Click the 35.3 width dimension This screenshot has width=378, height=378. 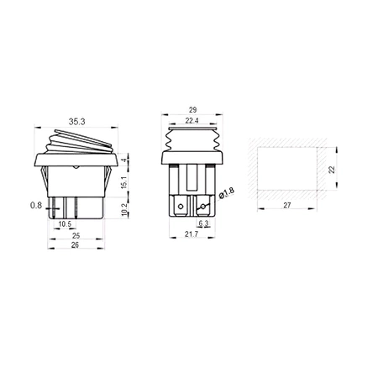click(76, 122)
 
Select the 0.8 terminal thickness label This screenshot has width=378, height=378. click(36, 203)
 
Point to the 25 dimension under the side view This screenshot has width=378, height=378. click(76, 236)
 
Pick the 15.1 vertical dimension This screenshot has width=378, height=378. click(124, 180)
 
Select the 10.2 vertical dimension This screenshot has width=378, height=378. click(124, 207)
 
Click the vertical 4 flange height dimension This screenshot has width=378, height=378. click(124, 158)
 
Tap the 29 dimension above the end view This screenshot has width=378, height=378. click(192, 111)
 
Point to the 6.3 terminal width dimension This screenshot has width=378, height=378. click(202, 224)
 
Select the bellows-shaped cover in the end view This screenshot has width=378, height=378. click(192, 139)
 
